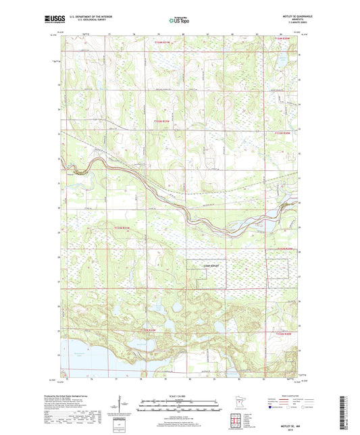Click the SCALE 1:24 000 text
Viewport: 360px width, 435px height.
(x=179, y=396)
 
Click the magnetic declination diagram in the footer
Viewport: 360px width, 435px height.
(x=123, y=408)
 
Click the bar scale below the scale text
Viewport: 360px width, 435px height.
(x=179, y=407)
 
